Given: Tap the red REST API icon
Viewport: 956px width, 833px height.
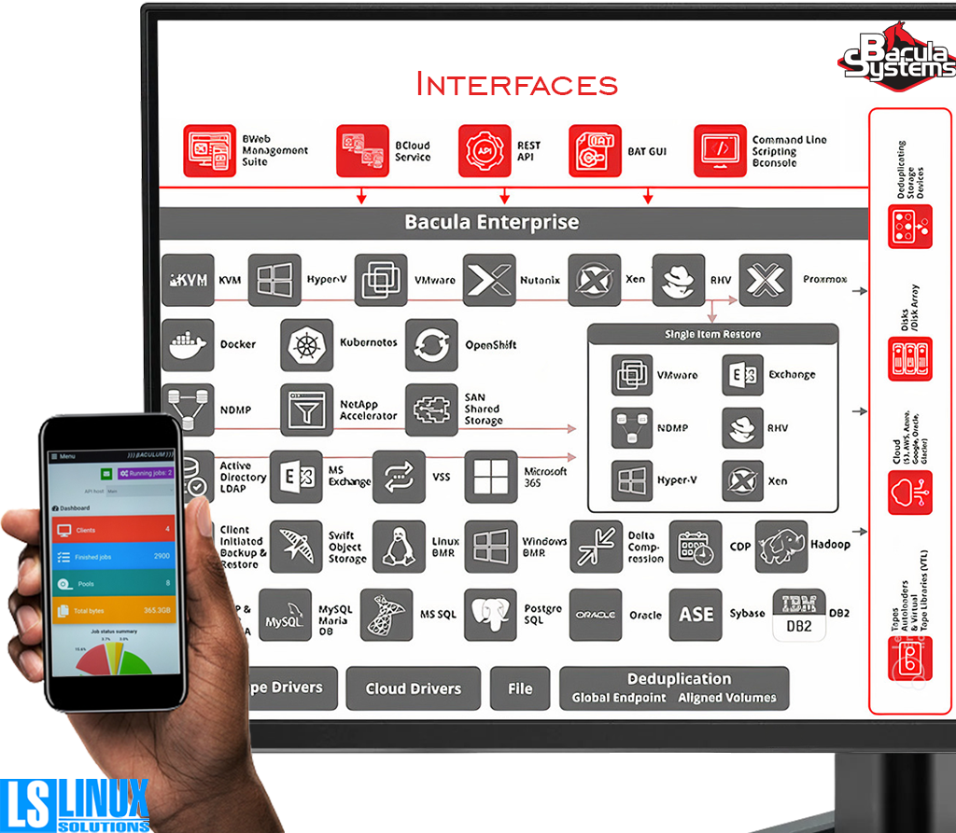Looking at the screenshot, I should [x=485, y=151].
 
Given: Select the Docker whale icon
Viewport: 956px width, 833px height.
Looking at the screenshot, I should [x=188, y=344].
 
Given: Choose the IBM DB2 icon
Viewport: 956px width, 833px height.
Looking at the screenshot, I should [x=799, y=615].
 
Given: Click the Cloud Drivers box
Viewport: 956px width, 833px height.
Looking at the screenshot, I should [x=413, y=688].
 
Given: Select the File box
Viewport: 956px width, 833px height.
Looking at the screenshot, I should [x=520, y=688].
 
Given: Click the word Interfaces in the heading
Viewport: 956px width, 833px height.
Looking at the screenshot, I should [x=516, y=85].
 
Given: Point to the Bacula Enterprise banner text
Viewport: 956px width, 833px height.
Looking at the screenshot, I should [x=491, y=223].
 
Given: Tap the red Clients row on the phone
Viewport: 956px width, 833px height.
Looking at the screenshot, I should [x=113, y=530].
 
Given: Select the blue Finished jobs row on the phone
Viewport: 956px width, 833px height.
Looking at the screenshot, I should [x=113, y=557].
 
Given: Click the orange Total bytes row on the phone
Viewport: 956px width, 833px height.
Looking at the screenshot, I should [x=113, y=611].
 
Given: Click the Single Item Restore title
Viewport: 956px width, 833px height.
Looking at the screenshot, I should [x=712, y=334].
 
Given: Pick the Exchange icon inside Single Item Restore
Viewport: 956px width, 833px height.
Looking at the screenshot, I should [x=742, y=375].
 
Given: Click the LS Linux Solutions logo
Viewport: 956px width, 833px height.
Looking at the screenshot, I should [x=75, y=804].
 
